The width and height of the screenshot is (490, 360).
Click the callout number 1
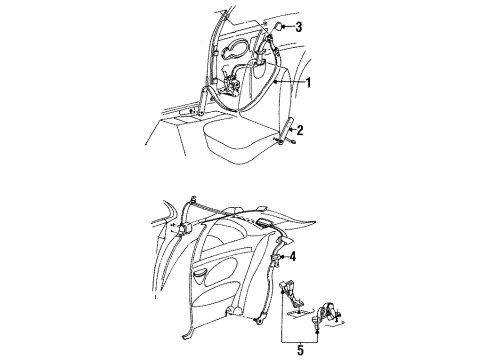[308, 82]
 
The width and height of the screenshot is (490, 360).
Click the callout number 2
[300, 130]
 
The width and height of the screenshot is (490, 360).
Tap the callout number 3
[299, 27]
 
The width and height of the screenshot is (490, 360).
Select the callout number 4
[293, 257]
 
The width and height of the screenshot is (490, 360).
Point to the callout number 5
[300, 350]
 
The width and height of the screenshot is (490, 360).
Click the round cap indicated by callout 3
[278, 26]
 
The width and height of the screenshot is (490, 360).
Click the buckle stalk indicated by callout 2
[286, 130]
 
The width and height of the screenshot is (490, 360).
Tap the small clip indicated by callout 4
[275, 259]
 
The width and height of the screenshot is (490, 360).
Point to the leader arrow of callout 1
[289, 82]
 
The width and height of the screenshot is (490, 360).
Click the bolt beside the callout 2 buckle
[293, 141]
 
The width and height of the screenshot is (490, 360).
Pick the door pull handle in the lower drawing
[200, 274]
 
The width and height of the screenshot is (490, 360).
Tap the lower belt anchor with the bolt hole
[259, 319]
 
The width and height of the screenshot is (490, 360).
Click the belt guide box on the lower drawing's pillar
[184, 229]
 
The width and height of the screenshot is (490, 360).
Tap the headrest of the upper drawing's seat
[257, 68]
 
